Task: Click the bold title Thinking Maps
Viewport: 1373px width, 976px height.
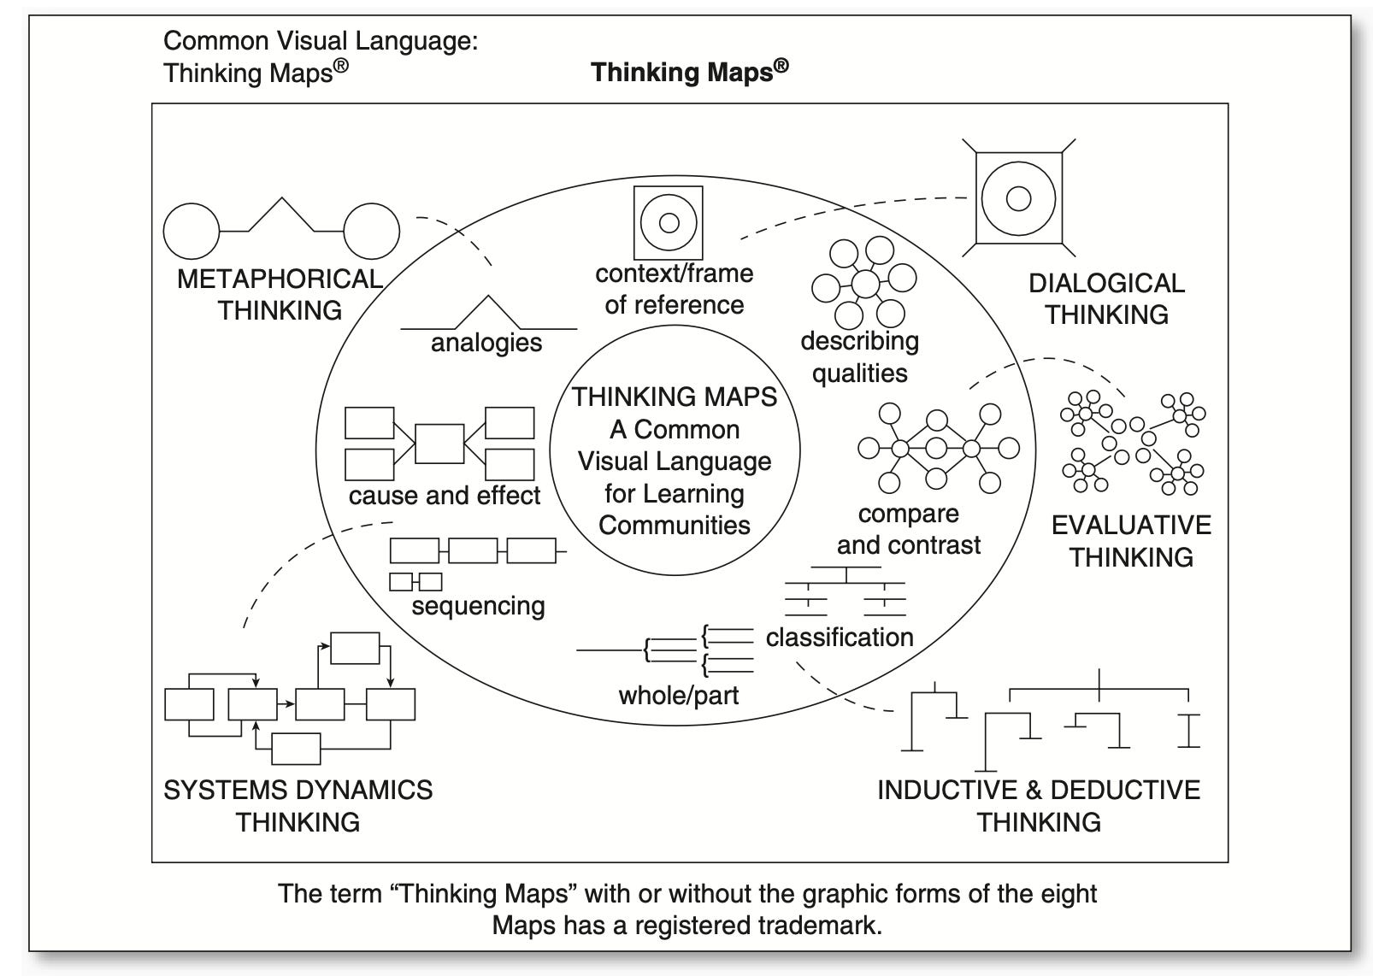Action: coord(688,72)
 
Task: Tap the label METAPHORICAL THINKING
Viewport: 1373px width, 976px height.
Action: coord(280,295)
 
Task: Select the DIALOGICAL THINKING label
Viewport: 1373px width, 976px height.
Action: coord(1106,299)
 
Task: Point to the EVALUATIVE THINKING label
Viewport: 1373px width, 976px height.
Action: coord(1131,541)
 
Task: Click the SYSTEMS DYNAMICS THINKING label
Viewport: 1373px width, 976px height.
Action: coord(298,805)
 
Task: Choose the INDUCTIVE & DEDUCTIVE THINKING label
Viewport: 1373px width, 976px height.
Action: coord(1039,805)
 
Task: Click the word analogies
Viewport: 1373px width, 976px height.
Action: coord(486,343)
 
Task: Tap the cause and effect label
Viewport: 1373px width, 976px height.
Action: coord(445,496)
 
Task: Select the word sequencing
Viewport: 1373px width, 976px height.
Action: coord(478,606)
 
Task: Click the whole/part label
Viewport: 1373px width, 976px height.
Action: coord(679,695)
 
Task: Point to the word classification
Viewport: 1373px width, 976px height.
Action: coord(840,637)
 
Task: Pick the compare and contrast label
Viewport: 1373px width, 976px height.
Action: coord(908,529)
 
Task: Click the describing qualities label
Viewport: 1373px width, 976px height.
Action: coord(859,356)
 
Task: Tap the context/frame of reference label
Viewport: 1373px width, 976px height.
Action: coord(675,289)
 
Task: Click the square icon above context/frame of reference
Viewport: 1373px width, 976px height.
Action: coord(669,223)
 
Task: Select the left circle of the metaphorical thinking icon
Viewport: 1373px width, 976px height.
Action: coord(192,231)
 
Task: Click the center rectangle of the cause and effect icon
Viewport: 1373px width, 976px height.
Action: coord(439,444)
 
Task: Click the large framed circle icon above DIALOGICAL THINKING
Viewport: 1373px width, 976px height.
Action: coord(1018,198)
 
